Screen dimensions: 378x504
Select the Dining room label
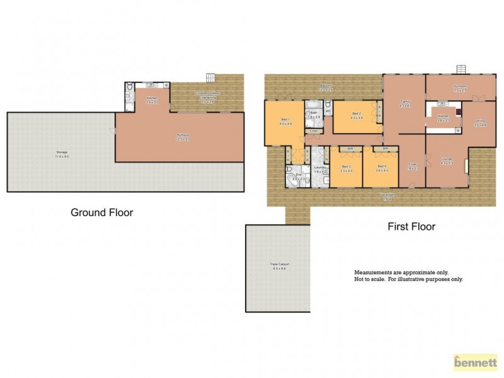[x=480, y=123]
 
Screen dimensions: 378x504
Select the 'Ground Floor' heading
[x=101, y=213]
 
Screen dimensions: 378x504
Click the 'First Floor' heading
[x=411, y=226]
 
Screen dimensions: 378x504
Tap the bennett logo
[x=476, y=362]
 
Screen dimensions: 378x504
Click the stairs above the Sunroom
[x=463, y=69]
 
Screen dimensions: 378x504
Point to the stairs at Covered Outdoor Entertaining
[x=210, y=77]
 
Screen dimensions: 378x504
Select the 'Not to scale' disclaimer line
[x=408, y=279]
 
